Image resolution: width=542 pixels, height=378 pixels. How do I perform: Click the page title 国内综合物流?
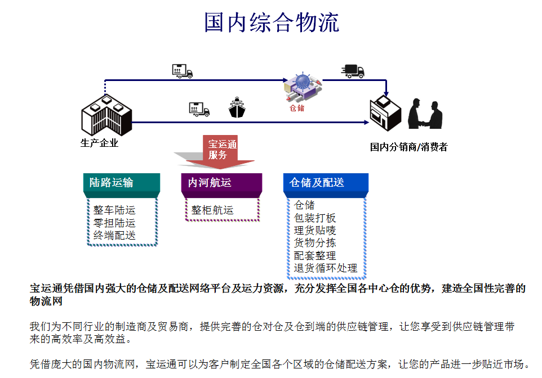(272, 22)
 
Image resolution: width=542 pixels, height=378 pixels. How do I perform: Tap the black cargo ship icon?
(237, 107)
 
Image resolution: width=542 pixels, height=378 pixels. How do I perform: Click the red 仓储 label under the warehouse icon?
(296, 108)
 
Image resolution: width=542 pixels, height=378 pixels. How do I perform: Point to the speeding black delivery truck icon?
(353, 71)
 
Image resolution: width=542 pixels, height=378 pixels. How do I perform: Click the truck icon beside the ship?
(199, 109)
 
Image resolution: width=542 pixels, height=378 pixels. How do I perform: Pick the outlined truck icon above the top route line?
(183, 71)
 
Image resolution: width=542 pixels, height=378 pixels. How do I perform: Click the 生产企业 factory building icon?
(106, 115)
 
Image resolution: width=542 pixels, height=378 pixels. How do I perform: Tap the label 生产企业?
(99, 143)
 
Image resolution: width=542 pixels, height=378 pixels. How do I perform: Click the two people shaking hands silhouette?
(425, 114)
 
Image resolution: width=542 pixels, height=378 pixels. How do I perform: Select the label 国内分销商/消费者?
(408, 147)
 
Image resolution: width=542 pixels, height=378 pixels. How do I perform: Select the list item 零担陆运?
(114, 223)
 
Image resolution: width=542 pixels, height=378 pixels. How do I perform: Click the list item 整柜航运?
(212, 210)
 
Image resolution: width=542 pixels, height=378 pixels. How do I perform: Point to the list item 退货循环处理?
(325, 268)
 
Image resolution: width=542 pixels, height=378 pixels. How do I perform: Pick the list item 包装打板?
(315, 218)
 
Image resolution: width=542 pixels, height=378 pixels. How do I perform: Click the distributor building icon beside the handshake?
(385, 113)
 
